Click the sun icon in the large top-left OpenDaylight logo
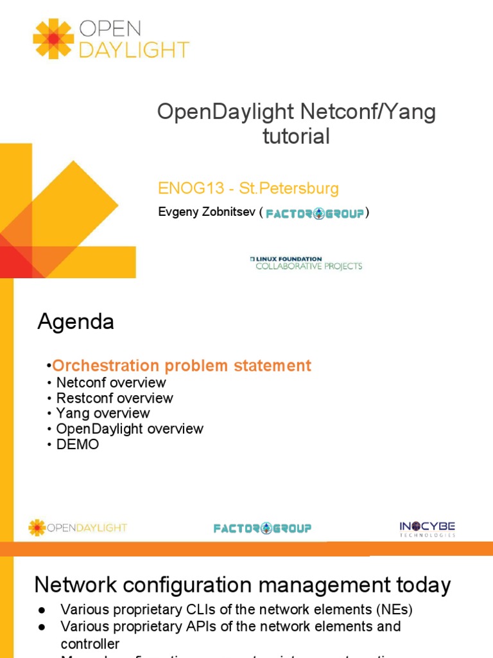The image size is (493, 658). click(53, 39)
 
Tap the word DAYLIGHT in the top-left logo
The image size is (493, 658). click(134, 49)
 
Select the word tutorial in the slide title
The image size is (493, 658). click(297, 136)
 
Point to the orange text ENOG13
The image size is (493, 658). click(189, 189)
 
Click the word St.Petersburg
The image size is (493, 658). click(289, 189)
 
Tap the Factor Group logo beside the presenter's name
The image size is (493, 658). click(315, 214)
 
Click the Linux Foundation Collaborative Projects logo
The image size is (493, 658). click(306, 263)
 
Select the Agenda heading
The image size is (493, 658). click(76, 322)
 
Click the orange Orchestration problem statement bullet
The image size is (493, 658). click(182, 366)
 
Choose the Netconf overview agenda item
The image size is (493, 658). click(111, 382)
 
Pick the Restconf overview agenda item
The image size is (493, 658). click(114, 398)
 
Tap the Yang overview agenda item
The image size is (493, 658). click(103, 413)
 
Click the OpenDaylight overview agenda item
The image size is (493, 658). click(130, 429)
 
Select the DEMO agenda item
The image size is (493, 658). click(78, 444)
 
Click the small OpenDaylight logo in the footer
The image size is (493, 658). click(78, 528)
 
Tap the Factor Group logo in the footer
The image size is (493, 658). click(263, 528)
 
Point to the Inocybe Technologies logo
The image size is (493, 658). click(427, 528)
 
